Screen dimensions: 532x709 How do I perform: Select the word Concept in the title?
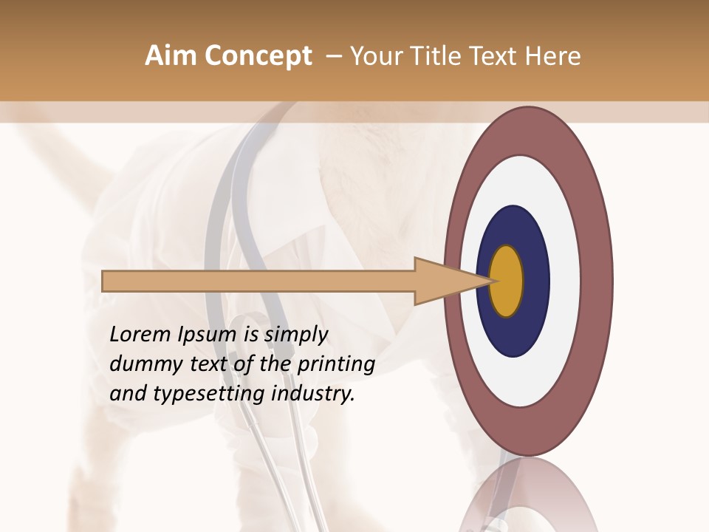pos(258,56)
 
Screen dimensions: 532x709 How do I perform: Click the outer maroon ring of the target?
pos(597,281)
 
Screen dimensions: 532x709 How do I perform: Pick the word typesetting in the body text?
pos(208,395)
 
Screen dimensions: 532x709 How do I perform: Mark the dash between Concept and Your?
pos(333,57)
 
